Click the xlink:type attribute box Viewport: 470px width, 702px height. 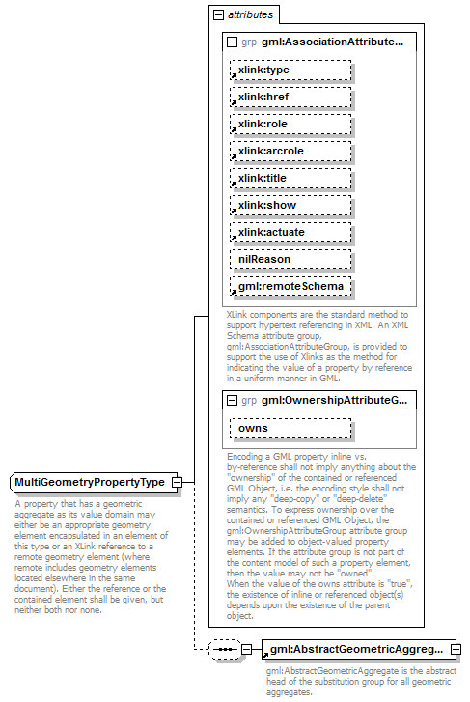(290, 70)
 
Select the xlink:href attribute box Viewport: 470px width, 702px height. (290, 98)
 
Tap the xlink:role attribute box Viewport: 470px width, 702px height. (290, 125)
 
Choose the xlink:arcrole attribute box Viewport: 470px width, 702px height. (290, 152)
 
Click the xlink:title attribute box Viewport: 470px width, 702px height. (290, 179)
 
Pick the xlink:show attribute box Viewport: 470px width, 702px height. (290, 206)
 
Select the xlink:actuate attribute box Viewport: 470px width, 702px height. (290, 233)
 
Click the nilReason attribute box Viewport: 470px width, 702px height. (290, 260)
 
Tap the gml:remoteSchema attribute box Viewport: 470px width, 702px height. (290, 287)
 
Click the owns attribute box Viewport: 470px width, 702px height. (290, 428)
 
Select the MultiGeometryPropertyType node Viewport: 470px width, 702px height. (90, 482)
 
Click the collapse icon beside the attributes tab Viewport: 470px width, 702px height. (219, 15)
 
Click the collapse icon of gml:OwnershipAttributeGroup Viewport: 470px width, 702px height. (232, 400)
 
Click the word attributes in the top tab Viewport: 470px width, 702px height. (250, 15)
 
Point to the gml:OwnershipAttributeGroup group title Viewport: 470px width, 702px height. (334, 400)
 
